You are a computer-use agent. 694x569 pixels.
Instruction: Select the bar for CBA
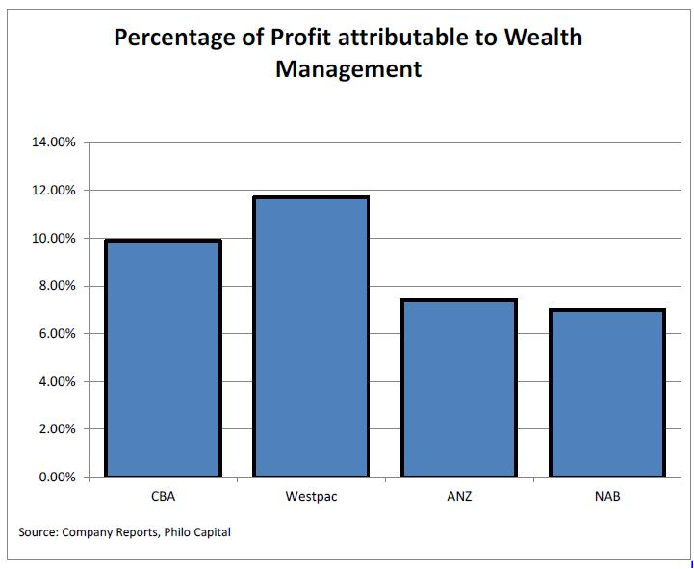click(163, 358)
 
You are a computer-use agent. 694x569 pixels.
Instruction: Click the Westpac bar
click(311, 337)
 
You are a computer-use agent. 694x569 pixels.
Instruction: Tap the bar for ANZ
click(459, 388)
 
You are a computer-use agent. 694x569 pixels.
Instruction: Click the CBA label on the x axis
click(163, 497)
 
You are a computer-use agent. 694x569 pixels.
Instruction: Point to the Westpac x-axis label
click(311, 497)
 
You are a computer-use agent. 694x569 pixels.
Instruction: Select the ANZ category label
click(459, 497)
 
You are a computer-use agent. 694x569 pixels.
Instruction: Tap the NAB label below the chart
click(606, 497)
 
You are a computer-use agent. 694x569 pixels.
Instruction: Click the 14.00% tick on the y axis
click(54, 142)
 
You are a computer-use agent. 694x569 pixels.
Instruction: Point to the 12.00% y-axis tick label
click(54, 191)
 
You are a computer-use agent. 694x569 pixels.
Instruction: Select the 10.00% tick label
click(54, 238)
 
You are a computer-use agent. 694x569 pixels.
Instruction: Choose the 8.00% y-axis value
click(57, 286)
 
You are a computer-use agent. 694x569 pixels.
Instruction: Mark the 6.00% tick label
click(57, 334)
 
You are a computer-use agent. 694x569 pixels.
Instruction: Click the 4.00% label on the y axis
click(57, 381)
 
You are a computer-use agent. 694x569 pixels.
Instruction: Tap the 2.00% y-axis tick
click(57, 429)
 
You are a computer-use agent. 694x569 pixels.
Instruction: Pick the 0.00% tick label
click(57, 477)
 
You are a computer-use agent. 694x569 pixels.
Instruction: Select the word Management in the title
click(347, 69)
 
